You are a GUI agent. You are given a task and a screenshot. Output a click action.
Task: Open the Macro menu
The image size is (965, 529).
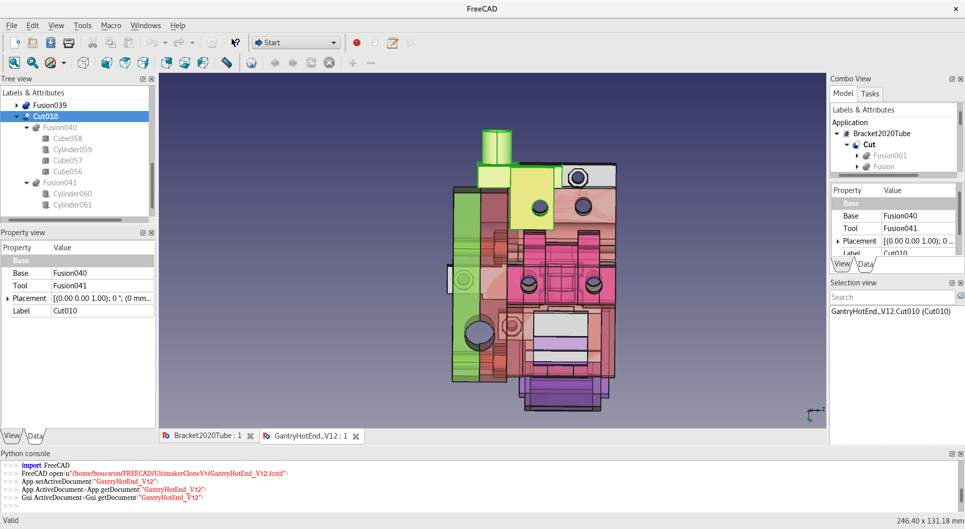pos(111,26)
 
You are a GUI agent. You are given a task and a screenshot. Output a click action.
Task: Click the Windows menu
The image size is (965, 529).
pos(145,26)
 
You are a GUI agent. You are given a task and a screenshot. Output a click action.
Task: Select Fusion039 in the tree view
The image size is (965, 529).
pos(49,105)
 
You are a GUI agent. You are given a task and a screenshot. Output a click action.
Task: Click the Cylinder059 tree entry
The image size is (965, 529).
pos(72,150)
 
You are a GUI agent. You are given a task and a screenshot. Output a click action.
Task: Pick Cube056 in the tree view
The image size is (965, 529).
pos(67,172)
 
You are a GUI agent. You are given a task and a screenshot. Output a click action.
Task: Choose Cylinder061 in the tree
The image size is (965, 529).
pos(72,205)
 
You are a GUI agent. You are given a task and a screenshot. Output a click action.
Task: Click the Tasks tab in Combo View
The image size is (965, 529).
pos(870,94)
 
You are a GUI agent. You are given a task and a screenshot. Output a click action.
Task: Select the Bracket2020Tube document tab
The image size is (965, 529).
pos(207,436)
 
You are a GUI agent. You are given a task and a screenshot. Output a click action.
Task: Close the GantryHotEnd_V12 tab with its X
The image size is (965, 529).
pos(356,437)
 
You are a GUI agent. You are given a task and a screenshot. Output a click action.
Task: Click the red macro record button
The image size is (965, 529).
pos(357,43)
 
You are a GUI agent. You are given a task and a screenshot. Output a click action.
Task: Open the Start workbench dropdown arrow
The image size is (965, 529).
pos(334,43)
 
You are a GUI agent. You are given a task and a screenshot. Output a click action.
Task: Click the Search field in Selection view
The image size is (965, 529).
pos(892,297)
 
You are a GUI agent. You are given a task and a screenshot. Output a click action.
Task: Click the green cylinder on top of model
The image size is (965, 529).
pos(497,146)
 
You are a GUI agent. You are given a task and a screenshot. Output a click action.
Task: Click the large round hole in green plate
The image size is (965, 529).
pos(479,333)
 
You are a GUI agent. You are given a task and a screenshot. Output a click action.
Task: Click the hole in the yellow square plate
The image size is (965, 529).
pos(540,206)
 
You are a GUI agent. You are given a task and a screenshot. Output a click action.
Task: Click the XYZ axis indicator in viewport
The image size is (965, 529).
pos(813,414)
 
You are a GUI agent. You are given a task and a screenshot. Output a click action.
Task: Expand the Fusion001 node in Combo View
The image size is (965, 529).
pos(857,156)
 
